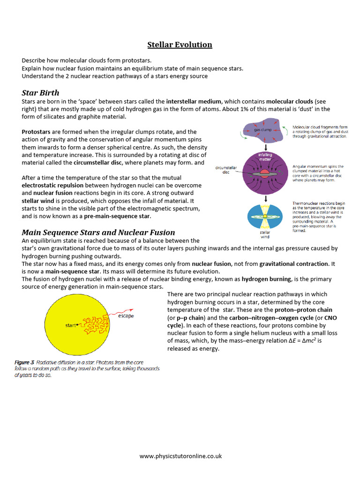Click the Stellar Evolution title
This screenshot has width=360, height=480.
(x=180, y=45)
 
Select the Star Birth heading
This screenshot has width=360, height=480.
(x=40, y=92)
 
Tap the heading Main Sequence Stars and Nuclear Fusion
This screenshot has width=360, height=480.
(x=98, y=232)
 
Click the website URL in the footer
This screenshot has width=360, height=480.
(x=180, y=456)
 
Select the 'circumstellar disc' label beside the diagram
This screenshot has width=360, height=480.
(x=226, y=169)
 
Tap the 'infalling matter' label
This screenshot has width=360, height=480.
(x=265, y=157)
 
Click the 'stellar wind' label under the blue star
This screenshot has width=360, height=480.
(x=265, y=234)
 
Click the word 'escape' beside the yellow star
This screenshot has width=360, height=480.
(x=126, y=316)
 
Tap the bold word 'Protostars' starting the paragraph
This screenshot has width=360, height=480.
(x=37, y=132)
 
